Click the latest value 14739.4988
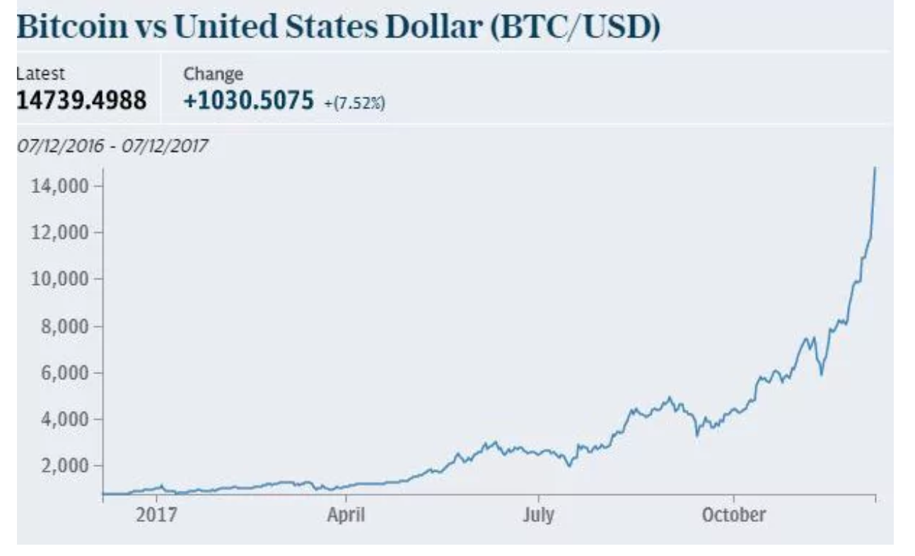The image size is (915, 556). [x=81, y=100]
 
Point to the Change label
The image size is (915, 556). [x=214, y=74]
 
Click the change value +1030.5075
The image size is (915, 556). [x=247, y=100]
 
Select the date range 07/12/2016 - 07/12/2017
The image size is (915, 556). [x=112, y=147]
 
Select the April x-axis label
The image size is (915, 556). [x=346, y=516]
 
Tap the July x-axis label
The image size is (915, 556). [x=538, y=516]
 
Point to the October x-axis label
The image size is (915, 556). [x=734, y=516]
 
